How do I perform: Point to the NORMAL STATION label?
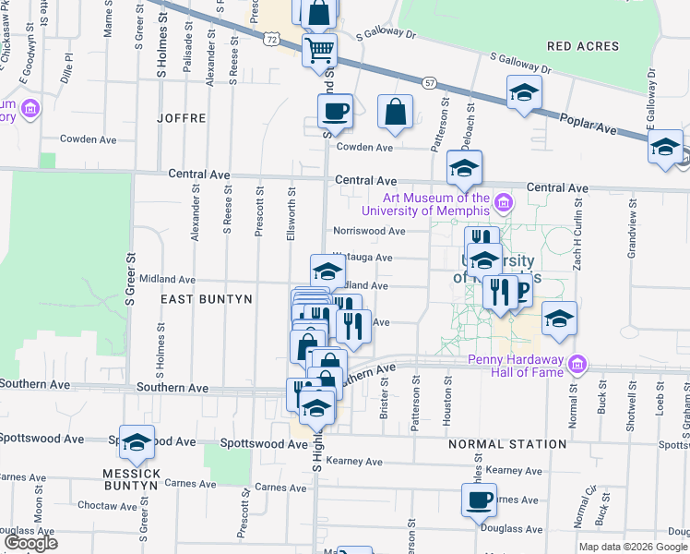pos(507,444)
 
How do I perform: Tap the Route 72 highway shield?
pos(270,40)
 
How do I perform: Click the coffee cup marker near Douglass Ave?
pos(479,500)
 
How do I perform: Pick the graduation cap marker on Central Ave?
pos(464,167)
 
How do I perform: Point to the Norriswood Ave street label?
pos(370,231)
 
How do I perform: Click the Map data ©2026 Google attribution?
pos(634,547)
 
